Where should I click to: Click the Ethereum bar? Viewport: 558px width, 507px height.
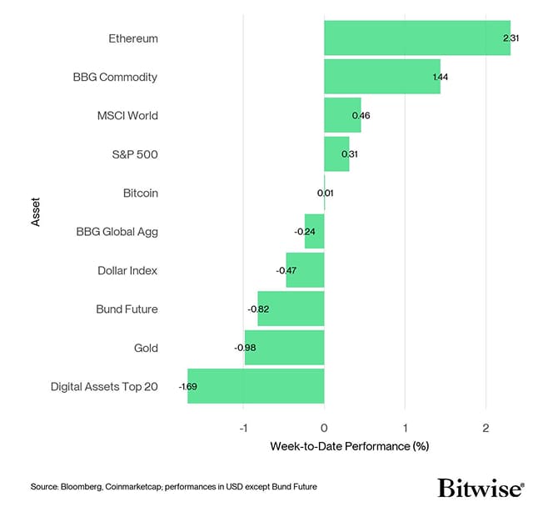416,38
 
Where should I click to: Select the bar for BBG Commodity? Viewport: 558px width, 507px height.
381,77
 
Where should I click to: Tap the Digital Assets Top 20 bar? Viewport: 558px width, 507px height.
256,386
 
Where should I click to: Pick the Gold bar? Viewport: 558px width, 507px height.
284,348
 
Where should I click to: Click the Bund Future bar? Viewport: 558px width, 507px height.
291,309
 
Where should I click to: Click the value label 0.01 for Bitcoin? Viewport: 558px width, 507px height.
326,193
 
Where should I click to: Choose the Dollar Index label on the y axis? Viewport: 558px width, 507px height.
127,270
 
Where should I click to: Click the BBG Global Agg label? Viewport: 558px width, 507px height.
117,232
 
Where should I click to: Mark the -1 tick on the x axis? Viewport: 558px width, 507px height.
243,427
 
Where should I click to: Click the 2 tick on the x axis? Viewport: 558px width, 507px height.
486,427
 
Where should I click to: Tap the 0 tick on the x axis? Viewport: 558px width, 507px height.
324,427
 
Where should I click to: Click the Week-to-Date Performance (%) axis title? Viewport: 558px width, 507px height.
349,446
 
